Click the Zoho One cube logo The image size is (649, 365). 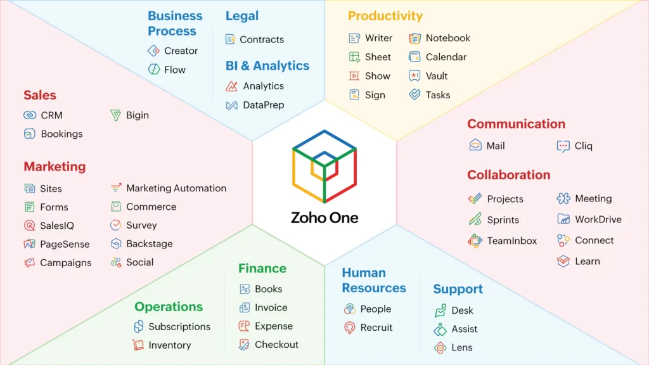tap(324, 166)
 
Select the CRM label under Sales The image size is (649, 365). tap(51, 115)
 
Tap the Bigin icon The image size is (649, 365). tap(115, 115)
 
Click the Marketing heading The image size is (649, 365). tap(55, 167)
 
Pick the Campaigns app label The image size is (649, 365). tap(65, 262)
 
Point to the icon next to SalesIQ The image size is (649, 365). tap(29, 226)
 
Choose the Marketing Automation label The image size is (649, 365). tap(176, 188)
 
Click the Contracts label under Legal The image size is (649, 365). tap(262, 39)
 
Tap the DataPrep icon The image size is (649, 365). tap(232, 105)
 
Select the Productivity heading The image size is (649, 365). tap(385, 16)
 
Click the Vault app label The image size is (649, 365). tap(437, 76)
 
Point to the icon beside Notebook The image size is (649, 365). tap(414, 38)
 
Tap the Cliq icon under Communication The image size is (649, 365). tap(563, 146)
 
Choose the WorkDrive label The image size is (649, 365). tap(598, 219)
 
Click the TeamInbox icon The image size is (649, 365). tap(475, 241)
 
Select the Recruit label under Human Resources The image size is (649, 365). tap(376, 328)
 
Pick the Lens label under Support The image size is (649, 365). tap(462, 347)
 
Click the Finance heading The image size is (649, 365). tap(262, 269)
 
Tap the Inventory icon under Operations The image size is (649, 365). tap(138, 345)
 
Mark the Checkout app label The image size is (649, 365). tap(276, 345)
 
